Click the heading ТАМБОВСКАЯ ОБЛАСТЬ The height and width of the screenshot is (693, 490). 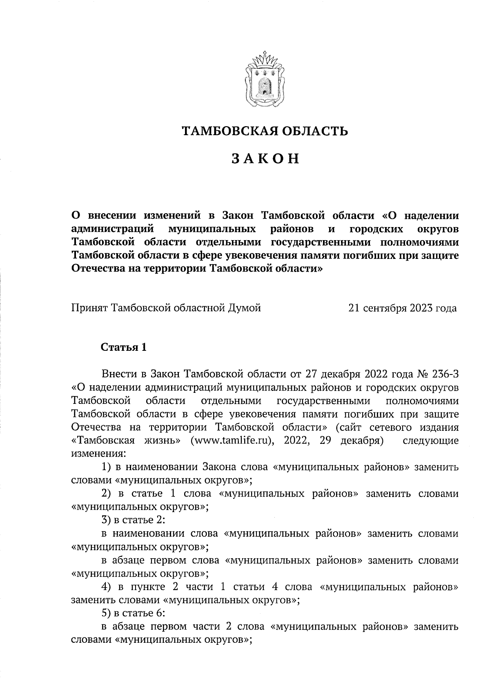pos(265,131)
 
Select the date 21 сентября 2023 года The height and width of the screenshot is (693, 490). pos(402,308)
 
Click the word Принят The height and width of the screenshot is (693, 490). pos(88,308)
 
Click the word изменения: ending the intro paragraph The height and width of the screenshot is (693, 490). pos(98,454)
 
